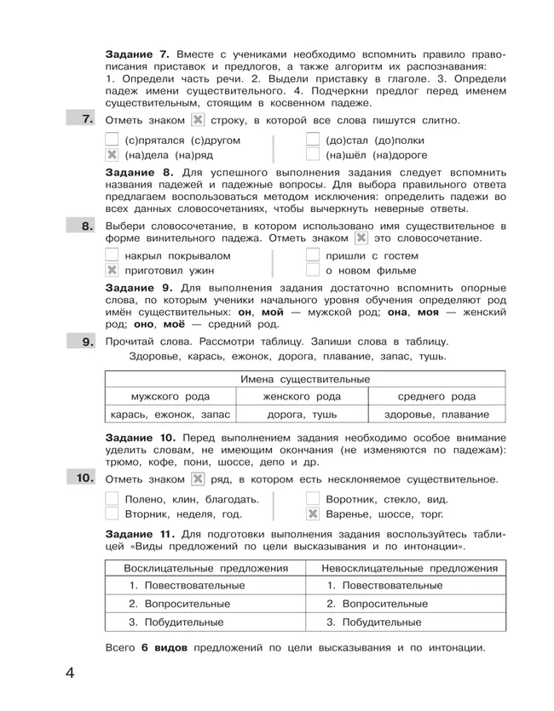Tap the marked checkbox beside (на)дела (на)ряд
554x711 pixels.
click(x=111, y=156)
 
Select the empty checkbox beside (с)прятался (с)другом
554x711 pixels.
click(x=111, y=140)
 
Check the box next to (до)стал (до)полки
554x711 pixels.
click(x=313, y=140)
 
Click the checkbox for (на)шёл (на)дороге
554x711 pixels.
click(x=313, y=156)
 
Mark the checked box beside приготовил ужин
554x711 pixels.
click(x=111, y=271)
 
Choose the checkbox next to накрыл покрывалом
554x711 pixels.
click(x=111, y=255)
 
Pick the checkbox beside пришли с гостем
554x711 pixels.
click(x=313, y=255)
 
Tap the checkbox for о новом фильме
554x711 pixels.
click(x=313, y=271)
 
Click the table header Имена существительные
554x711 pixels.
click(x=304, y=378)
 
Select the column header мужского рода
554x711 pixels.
click(x=170, y=396)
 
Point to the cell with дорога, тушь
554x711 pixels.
click(x=302, y=415)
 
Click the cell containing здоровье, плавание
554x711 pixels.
click(x=438, y=415)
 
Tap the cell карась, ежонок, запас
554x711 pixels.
click(x=170, y=415)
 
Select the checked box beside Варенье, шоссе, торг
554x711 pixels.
click(x=313, y=513)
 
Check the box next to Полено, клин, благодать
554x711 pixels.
click(x=111, y=499)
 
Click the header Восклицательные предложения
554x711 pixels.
click(x=205, y=568)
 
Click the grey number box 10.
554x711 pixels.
click(x=83, y=479)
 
